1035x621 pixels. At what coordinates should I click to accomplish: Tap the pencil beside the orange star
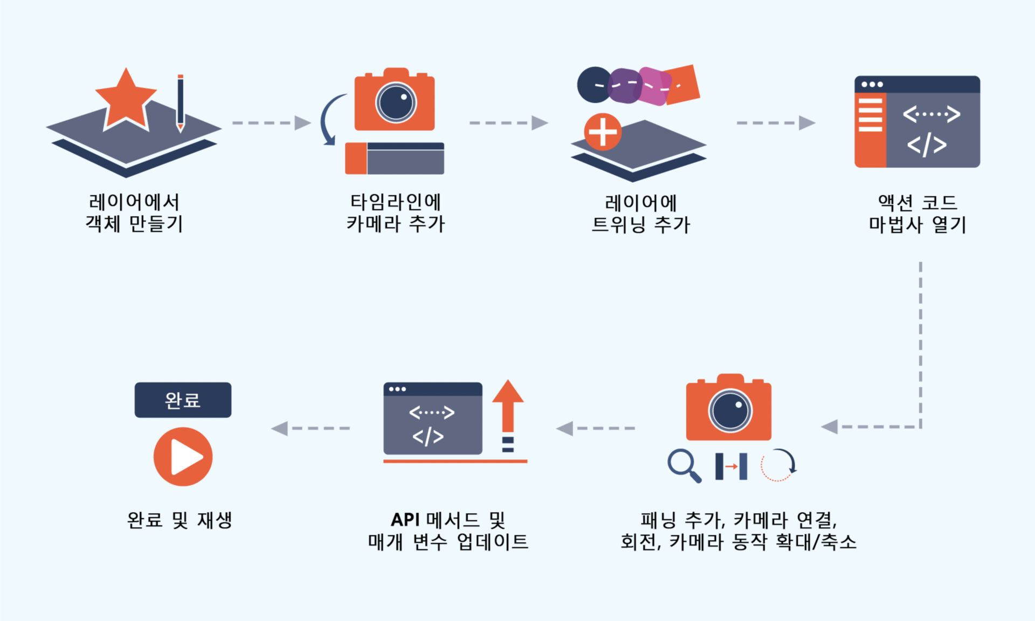tap(180, 102)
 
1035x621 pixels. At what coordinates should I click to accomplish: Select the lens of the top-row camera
tap(396, 102)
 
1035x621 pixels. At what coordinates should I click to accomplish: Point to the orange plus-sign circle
tap(603, 132)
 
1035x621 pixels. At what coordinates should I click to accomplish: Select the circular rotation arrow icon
tap(778, 465)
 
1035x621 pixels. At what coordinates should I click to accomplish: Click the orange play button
tap(183, 457)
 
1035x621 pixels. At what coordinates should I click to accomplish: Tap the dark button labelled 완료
tap(183, 400)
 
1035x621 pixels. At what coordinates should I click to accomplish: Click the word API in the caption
tap(405, 520)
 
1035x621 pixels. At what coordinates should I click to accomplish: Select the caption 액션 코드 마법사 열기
tap(917, 213)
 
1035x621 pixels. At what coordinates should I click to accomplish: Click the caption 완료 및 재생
tap(180, 520)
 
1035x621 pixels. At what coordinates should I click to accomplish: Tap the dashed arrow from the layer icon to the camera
tap(272, 123)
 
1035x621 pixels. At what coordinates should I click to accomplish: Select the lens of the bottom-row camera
tap(730, 411)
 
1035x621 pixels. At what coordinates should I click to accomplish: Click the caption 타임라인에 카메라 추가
tap(396, 213)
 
